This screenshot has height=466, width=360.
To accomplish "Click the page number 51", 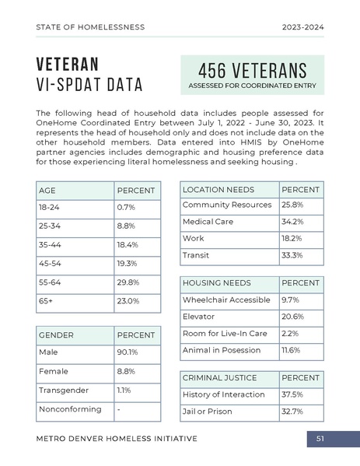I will pyautogui.click(x=320, y=439).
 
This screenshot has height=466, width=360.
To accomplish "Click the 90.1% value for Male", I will pyautogui.click(x=127, y=353).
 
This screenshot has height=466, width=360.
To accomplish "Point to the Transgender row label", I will pyautogui.click(x=64, y=390).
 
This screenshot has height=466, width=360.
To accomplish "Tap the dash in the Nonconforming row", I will pyautogui.click(x=118, y=409).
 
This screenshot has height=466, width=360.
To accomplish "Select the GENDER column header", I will pyautogui.click(x=56, y=335).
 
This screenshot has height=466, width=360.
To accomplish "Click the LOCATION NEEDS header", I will pyautogui.click(x=218, y=190).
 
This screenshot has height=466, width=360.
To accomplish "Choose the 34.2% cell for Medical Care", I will pyautogui.click(x=292, y=222).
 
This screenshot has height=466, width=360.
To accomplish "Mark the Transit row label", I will pyautogui.click(x=195, y=255).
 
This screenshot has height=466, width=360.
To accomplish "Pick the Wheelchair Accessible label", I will pyautogui.click(x=226, y=300).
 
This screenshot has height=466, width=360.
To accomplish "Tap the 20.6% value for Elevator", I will pyautogui.click(x=292, y=317).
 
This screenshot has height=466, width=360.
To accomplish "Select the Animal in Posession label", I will pyautogui.click(x=222, y=351).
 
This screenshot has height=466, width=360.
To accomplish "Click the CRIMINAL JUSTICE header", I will pyautogui.click(x=220, y=377).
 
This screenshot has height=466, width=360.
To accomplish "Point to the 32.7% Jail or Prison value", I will pyautogui.click(x=292, y=411).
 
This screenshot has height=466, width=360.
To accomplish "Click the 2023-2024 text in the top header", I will pyautogui.click(x=302, y=26).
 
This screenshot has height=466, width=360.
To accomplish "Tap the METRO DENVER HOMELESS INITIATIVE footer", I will pyautogui.click(x=117, y=439).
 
